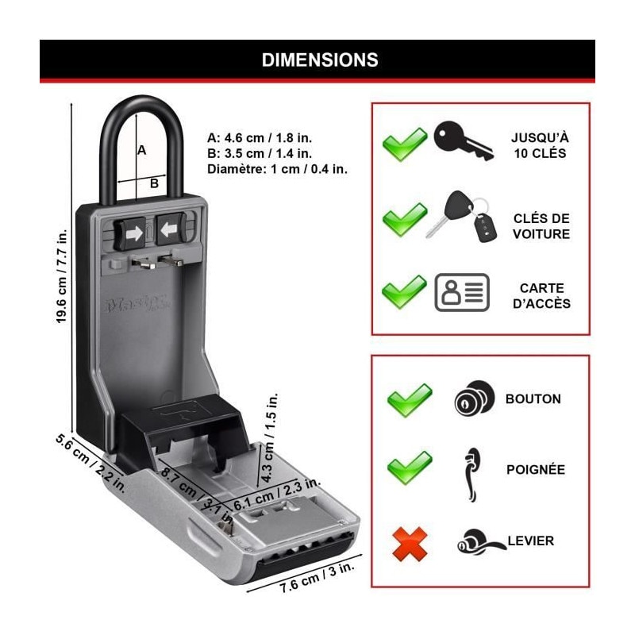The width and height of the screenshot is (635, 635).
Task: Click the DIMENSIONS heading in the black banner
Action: pos(320,60)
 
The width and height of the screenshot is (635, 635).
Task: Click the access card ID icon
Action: pos(462,292)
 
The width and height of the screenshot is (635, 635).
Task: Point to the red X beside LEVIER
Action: pos(410,544)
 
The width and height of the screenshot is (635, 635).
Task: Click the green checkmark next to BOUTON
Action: pos(410,399)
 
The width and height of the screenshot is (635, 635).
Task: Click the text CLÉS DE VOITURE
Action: pos(541,226)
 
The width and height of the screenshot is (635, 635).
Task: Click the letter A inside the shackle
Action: pos(142,149)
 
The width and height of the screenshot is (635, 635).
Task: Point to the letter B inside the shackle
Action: pos(154,183)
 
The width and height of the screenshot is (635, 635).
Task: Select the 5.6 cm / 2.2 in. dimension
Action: pos(90,464)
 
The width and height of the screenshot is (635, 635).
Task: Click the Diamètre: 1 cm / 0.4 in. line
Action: pos(277,169)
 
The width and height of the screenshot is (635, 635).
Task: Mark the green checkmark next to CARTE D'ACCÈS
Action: pos(404,292)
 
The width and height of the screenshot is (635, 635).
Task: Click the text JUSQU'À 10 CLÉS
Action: pos(541,145)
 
